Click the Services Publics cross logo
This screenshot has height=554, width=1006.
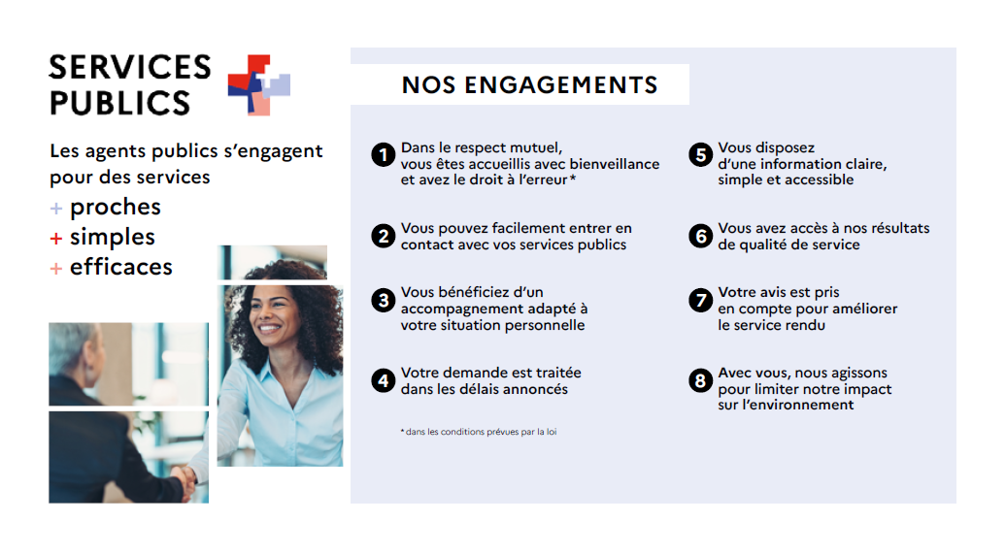pyautogui.click(x=259, y=85)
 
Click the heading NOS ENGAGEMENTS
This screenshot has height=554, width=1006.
pyautogui.click(x=529, y=85)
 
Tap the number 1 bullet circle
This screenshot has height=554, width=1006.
pyautogui.click(x=384, y=155)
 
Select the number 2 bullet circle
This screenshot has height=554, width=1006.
pyautogui.click(x=384, y=236)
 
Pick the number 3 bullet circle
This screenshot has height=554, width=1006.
pyautogui.click(x=384, y=300)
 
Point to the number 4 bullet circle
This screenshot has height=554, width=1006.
pyautogui.click(x=384, y=380)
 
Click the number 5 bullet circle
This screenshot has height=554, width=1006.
pyautogui.click(x=700, y=155)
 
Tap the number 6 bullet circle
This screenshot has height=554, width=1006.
pyautogui.click(x=700, y=236)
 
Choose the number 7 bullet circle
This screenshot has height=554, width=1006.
pyautogui.click(x=700, y=300)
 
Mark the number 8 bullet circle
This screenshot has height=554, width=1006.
pyautogui.click(x=700, y=380)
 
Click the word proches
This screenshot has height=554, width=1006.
pyautogui.click(x=116, y=208)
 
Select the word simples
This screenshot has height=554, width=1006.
pyautogui.click(x=113, y=238)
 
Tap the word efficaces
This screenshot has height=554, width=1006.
pyautogui.click(x=121, y=267)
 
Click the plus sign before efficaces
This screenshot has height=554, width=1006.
pyautogui.click(x=56, y=268)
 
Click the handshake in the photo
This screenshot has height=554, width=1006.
pyautogui.click(x=184, y=474)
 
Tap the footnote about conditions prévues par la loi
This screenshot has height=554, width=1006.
pyautogui.click(x=479, y=432)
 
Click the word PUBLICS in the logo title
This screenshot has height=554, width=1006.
pyautogui.click(x=119, y=102)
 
